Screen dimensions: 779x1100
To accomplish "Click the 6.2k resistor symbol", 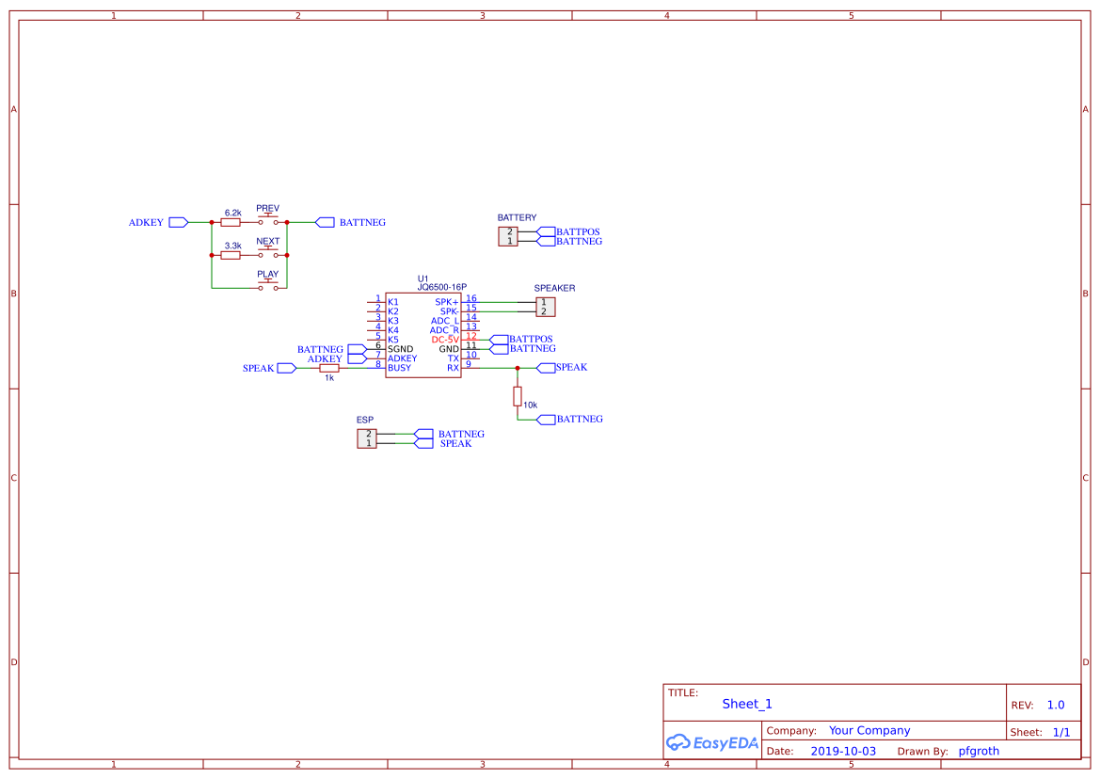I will tap(231, 223).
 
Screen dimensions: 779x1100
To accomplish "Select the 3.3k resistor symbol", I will tap(231, 255).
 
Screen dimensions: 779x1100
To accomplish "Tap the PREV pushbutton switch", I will tap(269, 220).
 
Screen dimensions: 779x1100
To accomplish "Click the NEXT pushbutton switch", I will tap(269, 253).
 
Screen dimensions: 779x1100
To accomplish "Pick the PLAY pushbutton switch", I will tap(269, 285).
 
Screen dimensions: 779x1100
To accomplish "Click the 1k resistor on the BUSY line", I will tap(328, 368).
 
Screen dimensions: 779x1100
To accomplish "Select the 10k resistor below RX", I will tap(518, 395).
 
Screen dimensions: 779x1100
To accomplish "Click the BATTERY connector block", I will tap(508, 236).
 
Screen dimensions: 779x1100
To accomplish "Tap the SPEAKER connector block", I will tap(545, 307).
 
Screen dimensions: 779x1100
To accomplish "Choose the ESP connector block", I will tap(367, 438).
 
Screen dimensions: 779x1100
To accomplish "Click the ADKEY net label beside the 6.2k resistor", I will tap(146, 223).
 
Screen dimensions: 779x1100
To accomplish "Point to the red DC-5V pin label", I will tap(445, 340).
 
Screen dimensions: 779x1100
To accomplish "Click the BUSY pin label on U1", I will tap(399, 368).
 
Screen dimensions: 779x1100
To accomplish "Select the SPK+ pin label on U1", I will tap(447, 302).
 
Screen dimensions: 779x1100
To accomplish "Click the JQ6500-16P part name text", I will tap(442, 288).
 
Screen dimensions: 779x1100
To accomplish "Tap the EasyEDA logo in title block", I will tap(712, 742).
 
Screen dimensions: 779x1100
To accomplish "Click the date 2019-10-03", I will tap(842, 751).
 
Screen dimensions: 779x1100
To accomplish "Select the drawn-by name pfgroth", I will tap(979, 751).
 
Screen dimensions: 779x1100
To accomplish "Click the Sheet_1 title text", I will tap(747, 704).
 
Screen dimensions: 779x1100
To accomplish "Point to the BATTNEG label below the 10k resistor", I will tap(580, 420).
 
